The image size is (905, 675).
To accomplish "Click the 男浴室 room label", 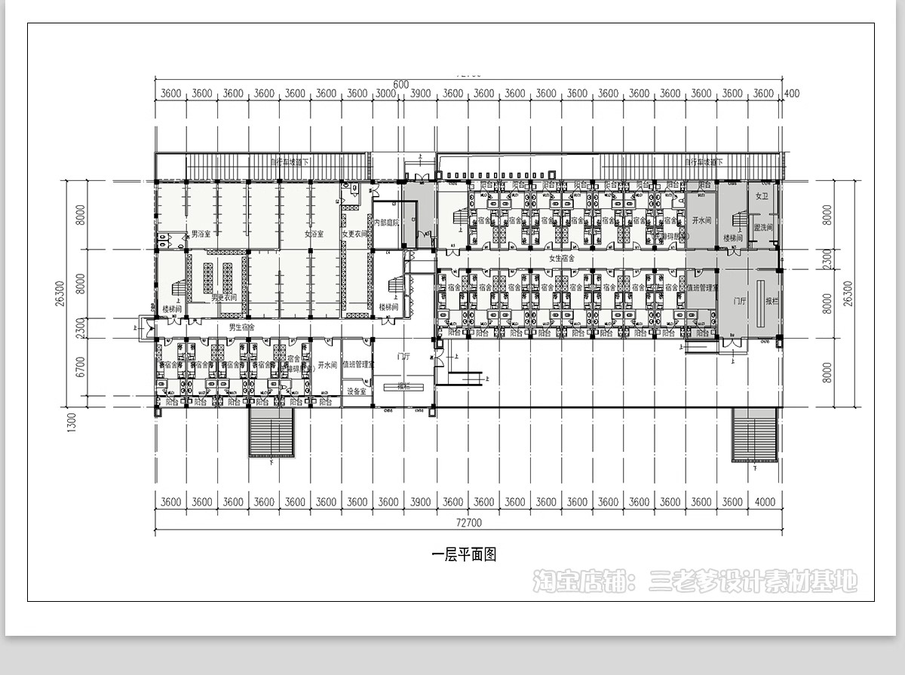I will (x=200, y=235).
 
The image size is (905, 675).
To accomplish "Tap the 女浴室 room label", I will (x=314, y=235).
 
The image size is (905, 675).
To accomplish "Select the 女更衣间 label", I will (x=354, y=235).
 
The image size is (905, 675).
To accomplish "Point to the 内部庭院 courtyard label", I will (x=387, y=223).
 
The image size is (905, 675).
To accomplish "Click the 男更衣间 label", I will (x=224, y=297).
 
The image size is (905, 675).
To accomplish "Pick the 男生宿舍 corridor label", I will (x=242, y=327).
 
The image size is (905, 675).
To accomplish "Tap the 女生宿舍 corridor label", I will (x=561, y=259).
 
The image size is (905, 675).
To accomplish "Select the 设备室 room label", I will (x=357, y=391).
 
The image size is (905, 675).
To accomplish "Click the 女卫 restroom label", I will (x=761, y=196).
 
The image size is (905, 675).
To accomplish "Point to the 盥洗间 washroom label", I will (x=763, y=227).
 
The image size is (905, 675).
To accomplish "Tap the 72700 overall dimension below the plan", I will (x=469, y=523).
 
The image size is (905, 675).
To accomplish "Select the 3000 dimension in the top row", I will (x=387, y=94).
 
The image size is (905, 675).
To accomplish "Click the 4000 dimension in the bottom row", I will (x=764, y=502).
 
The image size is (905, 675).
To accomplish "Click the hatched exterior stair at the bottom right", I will (x=755, y=435).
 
